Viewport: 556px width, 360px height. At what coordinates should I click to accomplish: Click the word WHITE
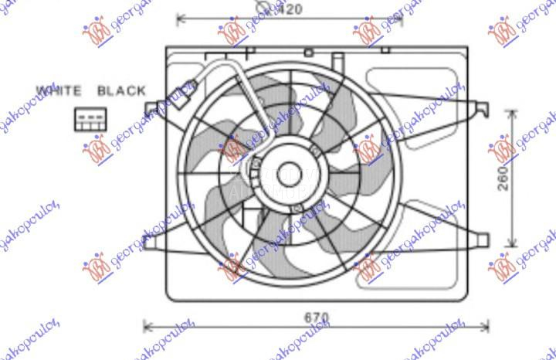(59, 90)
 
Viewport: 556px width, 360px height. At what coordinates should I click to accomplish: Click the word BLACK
(121, 90)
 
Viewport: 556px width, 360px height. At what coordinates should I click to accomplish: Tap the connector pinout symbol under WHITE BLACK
(87, 119)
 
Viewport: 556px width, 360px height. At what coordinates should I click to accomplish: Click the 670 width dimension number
(316, 317)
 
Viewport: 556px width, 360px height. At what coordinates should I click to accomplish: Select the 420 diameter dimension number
(290, 9)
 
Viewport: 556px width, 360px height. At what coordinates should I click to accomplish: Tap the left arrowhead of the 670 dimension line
(148, 326)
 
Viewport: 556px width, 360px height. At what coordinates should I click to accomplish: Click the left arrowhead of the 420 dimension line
(180, 17)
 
